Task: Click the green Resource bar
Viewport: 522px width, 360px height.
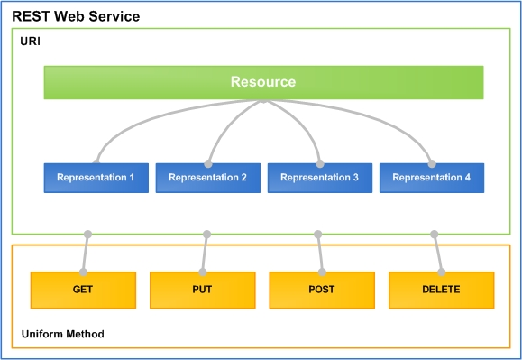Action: click(263, 82)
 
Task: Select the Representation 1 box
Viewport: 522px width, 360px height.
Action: click(96, 178)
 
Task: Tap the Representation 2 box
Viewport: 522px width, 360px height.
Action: click(207, 178)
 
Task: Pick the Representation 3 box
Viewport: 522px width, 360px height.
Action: click(319, 178)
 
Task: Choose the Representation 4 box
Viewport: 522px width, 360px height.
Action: click(431, 178)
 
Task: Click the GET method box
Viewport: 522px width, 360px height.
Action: click(83, 290)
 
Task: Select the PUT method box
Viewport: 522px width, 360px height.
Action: click(202, 290)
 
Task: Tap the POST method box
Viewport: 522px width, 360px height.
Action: click(321, 290)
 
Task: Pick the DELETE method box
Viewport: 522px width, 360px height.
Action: click(441, 290)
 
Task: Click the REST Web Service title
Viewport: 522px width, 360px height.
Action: click(76, 17)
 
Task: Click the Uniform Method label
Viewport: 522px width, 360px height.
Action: click(62, 334)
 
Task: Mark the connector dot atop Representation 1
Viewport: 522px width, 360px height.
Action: click(96, 163)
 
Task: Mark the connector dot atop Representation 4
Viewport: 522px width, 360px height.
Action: click(431, 163)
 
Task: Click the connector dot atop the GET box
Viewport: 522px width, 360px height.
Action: click(83, 272)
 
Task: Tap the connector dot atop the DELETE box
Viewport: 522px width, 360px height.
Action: click(441, 272)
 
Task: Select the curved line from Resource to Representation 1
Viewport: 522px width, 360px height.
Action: click(135, 122)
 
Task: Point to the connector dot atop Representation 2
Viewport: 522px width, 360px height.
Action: click(208, 163)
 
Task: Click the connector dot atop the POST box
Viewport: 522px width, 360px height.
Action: click(321, 272)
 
